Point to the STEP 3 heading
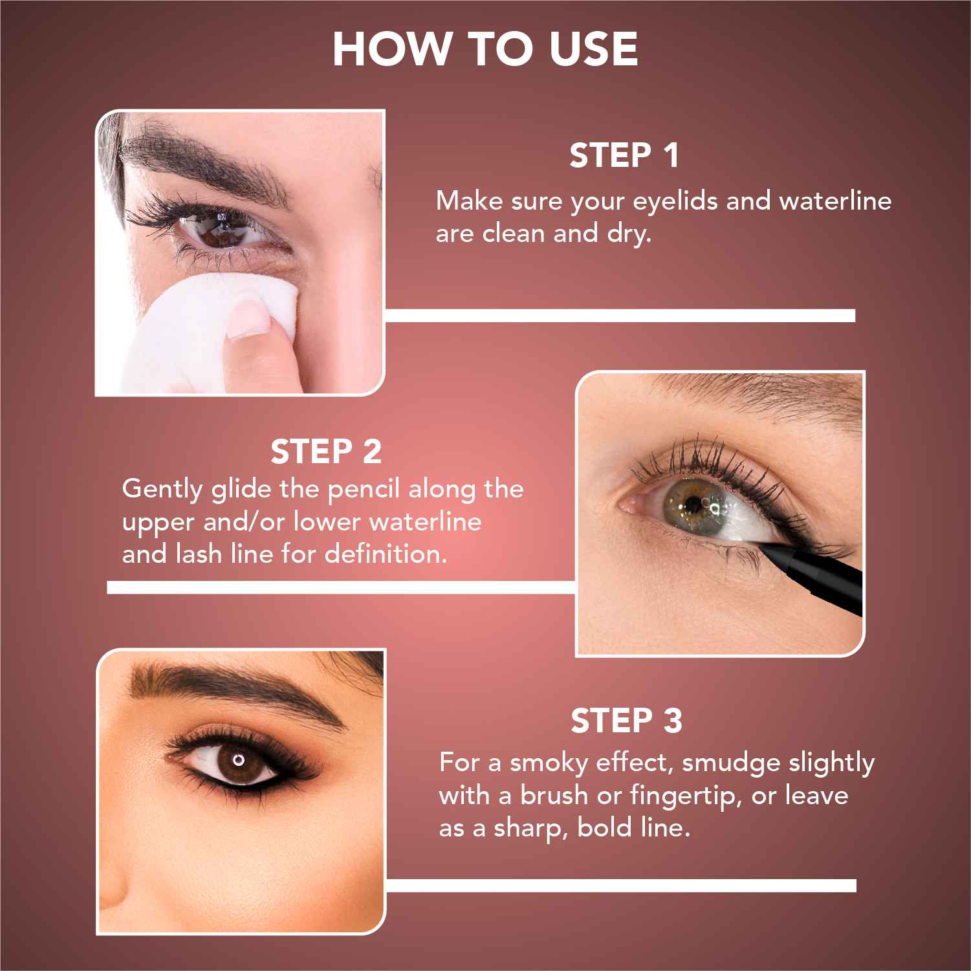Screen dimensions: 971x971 (x=626, y=721)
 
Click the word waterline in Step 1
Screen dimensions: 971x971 (x=835, y=201)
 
